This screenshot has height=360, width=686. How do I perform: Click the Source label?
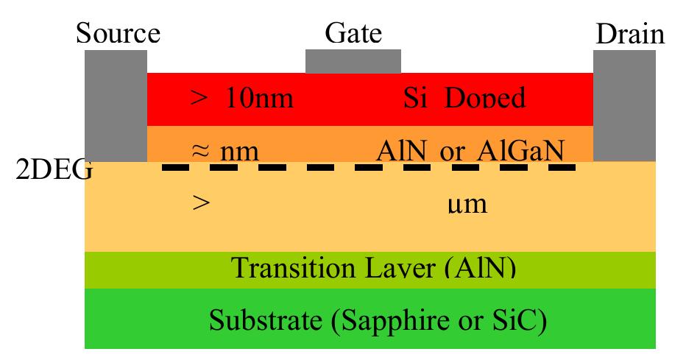click(118, 34)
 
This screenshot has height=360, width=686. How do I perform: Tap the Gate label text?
click(353, 34)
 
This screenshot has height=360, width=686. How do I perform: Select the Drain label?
click(630, 34)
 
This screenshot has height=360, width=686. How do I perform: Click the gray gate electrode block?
click(353, 61)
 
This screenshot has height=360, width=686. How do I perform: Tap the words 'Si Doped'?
click(464, 99)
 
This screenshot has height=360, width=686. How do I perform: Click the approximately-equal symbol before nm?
click(200, 152)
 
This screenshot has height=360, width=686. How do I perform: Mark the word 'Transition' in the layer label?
click(282, 268)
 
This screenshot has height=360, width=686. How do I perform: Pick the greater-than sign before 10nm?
click(200, 99)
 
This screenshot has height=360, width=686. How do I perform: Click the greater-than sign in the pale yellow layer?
click(200, 204)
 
